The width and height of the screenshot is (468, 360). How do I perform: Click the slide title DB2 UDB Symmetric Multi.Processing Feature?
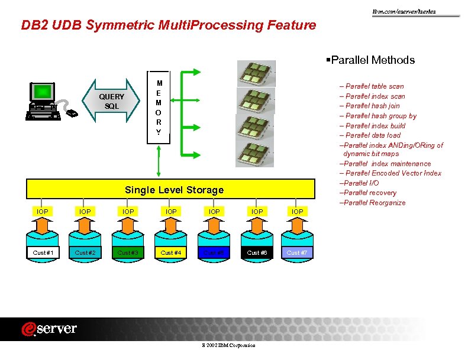point(169,25)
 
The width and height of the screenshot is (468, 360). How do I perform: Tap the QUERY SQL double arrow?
point(112,101)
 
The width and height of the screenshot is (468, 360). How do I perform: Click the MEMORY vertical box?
point(159,107)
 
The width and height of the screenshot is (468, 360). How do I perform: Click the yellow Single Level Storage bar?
point(174,190)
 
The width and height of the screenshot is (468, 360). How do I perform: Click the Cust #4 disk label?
point(171,252)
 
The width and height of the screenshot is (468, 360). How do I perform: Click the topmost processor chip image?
point(255,73)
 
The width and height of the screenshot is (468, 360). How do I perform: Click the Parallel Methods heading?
point(370,60)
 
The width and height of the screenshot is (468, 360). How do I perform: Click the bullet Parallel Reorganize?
point(372,203)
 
